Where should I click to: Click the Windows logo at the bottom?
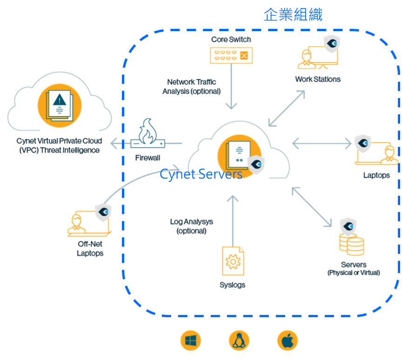(191, 341)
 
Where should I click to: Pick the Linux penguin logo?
(239, 341)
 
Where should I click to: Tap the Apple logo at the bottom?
(288, 341)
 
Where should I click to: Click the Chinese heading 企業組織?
(293, 14)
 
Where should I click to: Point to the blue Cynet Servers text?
(201, 174)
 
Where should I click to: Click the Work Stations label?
(318, 79)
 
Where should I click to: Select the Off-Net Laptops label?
(90, 248)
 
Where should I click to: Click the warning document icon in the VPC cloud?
(59, 104)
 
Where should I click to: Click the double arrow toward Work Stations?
(287, 108)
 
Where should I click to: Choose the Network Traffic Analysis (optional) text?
(191, 87)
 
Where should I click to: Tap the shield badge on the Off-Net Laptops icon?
(103, 211)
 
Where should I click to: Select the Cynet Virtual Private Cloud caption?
(59, 145)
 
